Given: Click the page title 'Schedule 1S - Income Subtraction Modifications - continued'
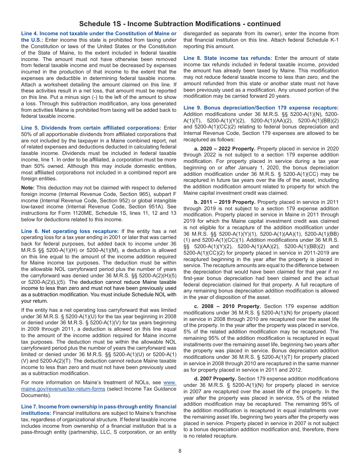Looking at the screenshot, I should point(180,24).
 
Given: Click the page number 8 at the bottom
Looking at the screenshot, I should point(180,451).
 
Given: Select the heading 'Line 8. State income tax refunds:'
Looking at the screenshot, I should point(228,58).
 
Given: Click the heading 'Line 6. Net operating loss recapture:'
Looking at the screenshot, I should point(70,231).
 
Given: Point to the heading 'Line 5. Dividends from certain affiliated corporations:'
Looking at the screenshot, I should point(91,128).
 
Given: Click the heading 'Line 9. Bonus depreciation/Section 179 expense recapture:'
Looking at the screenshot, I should point(261,108).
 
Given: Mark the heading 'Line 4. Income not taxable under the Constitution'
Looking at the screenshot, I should point(99,34).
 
